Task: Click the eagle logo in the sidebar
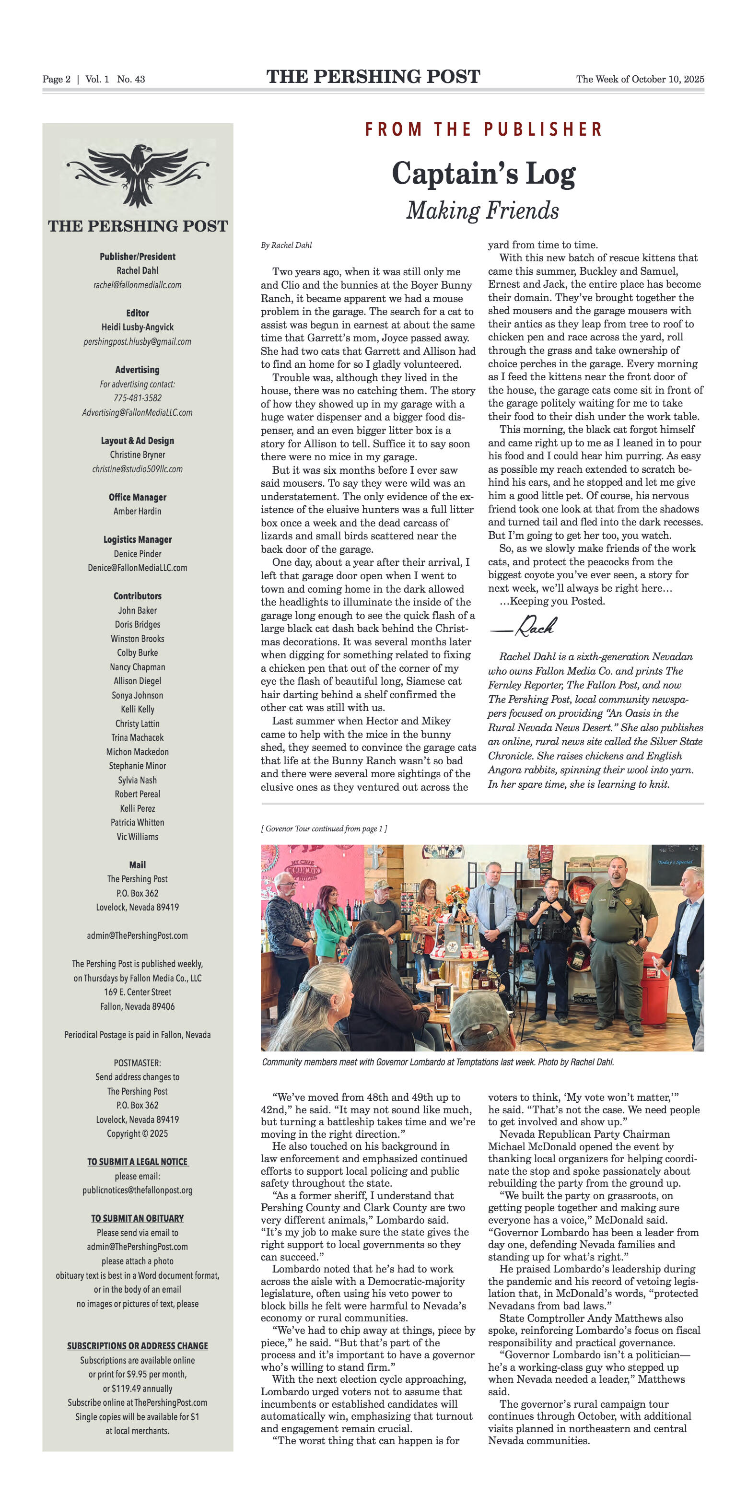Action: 138,175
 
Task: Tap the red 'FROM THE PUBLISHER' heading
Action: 484,129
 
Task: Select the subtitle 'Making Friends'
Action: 482,210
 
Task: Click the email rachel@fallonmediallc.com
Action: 138,285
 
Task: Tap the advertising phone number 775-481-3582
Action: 138,398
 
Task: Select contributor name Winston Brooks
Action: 138,639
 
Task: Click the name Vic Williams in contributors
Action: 138,836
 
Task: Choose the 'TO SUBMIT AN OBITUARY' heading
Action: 138,1218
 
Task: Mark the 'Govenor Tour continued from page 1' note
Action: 324,829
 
